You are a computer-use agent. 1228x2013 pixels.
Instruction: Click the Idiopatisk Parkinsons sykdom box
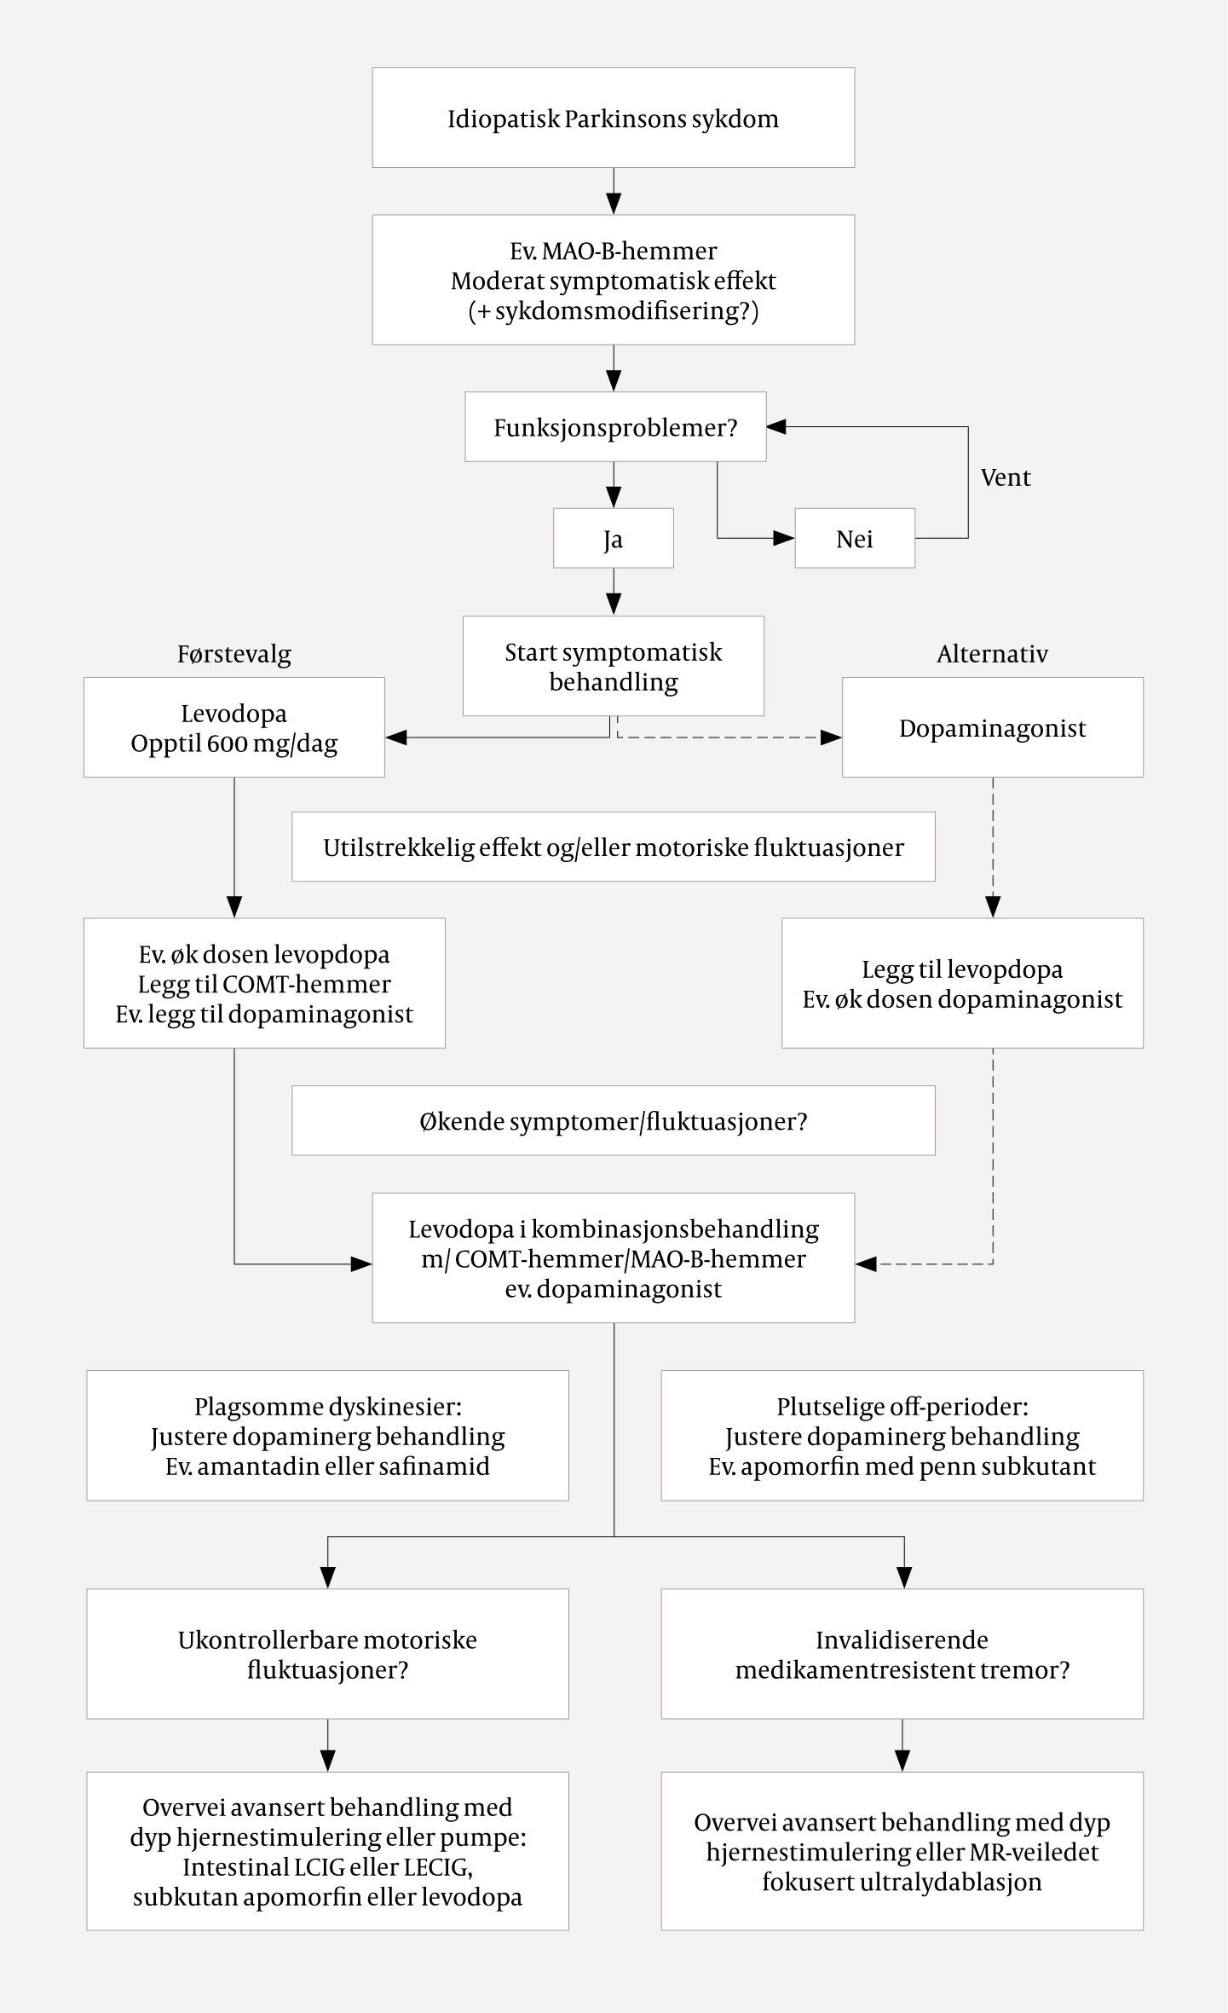pyautogui.click(x=613, y=118)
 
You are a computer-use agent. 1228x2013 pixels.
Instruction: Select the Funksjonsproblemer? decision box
pyautogui.click(x=614, y=427)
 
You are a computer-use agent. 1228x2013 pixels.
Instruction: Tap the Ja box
pyautogui.click(x=613, y=539)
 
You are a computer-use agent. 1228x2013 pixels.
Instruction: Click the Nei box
pyautogui.click(x=854, y=539)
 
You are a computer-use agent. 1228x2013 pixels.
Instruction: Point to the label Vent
pyautogui.click(x=1005, y=477)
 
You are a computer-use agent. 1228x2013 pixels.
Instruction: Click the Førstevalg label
pyautogui.click(x=234, y=654)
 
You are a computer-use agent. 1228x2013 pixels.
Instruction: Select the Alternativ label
pyautogui.click(x=992, y=654)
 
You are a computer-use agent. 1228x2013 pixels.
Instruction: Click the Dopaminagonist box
pyautogui.click(x=992, y=727)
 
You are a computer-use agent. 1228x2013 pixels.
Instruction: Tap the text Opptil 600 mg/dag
pyautogui.click(x=234, y=743)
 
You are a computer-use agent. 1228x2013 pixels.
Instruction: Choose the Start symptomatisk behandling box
pyautogui.click(x=613, y=666)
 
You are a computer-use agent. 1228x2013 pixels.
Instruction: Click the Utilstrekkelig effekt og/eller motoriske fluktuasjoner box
pyautogui.click(x=613, y=847)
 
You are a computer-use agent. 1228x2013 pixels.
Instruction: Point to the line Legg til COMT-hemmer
pyautogui.click(x=264, y=984)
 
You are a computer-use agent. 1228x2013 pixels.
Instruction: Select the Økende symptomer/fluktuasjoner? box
pyautogui.click(x=613, y=1120)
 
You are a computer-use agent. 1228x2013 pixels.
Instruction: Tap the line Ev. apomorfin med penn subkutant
pyautogui.click(x=902, y=1466)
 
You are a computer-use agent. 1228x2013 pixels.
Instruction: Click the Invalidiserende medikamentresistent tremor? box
pyautogui.click(x=902, y=1654)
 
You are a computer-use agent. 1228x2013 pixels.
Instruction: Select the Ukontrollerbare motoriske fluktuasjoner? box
pyautogui.click(x=327, y=1654)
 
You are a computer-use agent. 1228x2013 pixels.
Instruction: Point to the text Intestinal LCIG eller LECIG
pyautogui.click(x=327, y=1866)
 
